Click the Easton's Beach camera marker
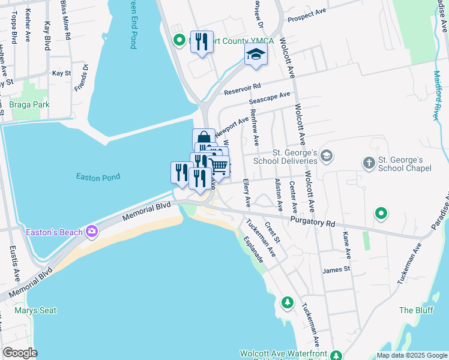pos(92,231)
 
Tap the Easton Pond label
pos(98,177)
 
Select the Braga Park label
pos(29,104)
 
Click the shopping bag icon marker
pos(203,139)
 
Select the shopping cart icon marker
pos(219,166)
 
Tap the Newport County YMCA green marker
pos(179,41)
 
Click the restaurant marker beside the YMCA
pos(202,41)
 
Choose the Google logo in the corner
pos(20,353)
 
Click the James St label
pos(336,270)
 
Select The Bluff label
pos(415,310)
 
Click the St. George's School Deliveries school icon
pos(326,156)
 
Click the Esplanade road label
pos(253,249)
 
